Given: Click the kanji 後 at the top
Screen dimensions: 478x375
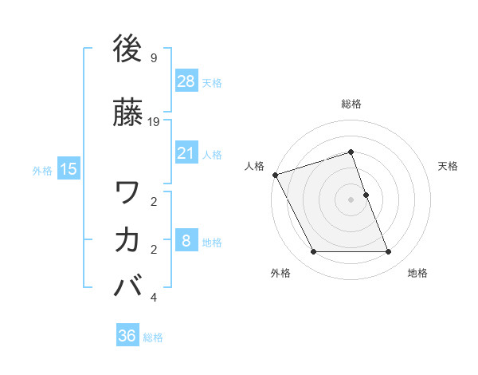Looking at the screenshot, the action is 128,49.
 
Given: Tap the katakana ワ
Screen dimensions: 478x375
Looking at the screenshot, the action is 128,192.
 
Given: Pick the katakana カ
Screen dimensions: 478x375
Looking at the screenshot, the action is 128,239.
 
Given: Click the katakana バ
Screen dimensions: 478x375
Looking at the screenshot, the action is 128,286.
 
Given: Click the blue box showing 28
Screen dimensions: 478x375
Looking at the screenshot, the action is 186,81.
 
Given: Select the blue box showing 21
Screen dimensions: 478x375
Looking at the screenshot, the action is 186,153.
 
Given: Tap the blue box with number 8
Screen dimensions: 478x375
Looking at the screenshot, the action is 186,241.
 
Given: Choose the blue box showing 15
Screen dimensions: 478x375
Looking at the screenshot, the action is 69,169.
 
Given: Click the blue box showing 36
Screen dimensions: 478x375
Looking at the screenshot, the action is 127,336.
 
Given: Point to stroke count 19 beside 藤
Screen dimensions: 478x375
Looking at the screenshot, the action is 154,122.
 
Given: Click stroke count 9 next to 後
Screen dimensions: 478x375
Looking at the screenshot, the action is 153,58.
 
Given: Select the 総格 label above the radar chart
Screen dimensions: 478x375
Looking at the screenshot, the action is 351,104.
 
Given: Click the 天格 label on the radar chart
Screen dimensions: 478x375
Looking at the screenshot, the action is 448,166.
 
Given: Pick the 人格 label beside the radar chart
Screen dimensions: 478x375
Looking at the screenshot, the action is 254,166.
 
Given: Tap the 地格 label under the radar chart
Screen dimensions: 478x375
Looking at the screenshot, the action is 417,274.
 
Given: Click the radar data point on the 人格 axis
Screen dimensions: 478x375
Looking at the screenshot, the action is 275,175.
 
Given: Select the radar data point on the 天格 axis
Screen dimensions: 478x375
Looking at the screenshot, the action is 366,195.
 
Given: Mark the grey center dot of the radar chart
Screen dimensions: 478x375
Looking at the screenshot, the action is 351,199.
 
